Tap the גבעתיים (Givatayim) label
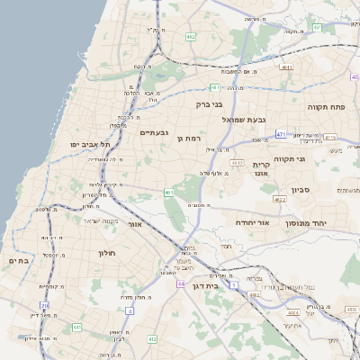pyautogui.click(x=156, y=133)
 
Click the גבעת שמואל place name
pyautogui.click(x=242, y=118)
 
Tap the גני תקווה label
pyautogui.click(x=312, y=159)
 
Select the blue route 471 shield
pyautogui.click(x=281, y=134)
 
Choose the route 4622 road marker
pyautogui.click(x=280, y=200)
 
